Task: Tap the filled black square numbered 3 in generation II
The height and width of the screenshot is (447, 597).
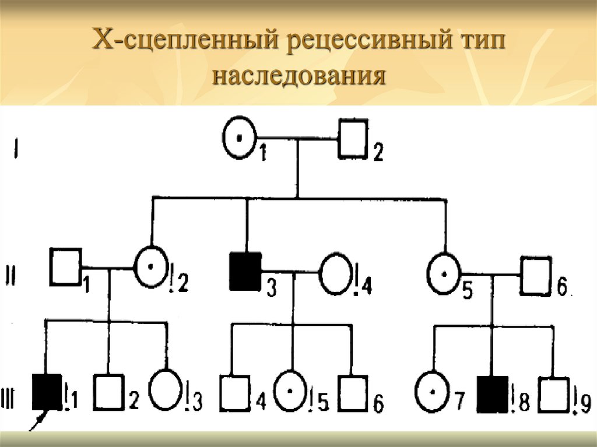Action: [245, 271]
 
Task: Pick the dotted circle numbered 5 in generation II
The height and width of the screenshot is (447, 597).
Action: [444, 272]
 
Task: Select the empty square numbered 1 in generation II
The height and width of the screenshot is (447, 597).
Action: [65, 267]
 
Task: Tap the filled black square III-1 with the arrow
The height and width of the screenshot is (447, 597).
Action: [47, 391]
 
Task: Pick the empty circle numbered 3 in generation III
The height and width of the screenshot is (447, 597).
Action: [165, 388]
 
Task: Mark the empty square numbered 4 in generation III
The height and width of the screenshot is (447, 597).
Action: [234, 394]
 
